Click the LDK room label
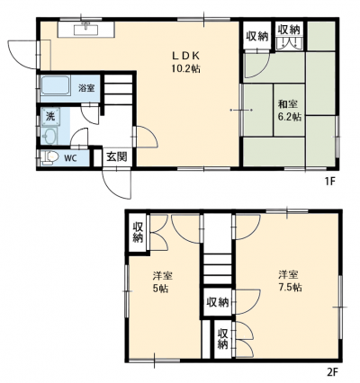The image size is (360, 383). click(x=185, y=56)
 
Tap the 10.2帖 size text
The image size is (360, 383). click(x=186, y=69)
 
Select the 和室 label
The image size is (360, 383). click(x=288, y=104)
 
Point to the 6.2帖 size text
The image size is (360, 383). click(x=290, y=117)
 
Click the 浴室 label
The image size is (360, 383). click(x=87, y=88)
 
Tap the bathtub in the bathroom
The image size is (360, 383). click(x=56, y=85)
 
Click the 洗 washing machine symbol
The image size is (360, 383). click(x=50, y=117)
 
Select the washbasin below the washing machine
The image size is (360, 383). click(x=49, y=136)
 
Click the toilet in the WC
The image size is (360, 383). click(x=49, y=157)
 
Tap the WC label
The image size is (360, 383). click(x=71, y=158)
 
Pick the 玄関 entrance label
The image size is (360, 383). click(x=117, y=156)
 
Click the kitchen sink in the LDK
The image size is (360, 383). click(x=86, y=29)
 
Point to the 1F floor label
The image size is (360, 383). click(x=330, y=182)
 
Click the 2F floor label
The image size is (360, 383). click(x=332, y=372)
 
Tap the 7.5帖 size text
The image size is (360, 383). click(x=290, y=288)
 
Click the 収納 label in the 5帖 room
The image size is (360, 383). click(x=138, y=232)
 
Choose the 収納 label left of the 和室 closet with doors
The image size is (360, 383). click(x=257, y=36)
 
